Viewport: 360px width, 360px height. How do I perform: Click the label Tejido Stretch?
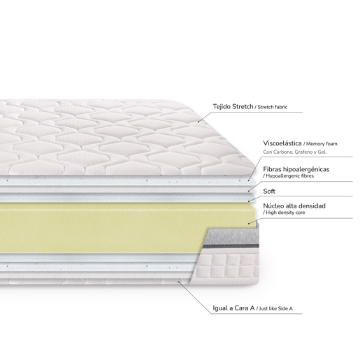pyautogui.click(x=233, y=107)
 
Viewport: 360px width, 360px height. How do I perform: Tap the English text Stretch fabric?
pyautogui.click(x=273, y=107)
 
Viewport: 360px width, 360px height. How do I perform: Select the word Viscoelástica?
pyautogui.click(x=282, y=143)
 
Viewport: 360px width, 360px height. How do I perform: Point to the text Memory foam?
pyautogui.click(x=322, y=144)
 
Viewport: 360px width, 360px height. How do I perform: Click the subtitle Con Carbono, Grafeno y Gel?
pyautogui.click(x=295, y=152)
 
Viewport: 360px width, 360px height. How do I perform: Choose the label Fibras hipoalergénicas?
pyautogui.click(x=296, y=169)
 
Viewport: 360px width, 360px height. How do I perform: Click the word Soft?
pyautogui.click(x=269, y=192)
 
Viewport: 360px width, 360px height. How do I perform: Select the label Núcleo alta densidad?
pyautogui.click(x=294, y=206)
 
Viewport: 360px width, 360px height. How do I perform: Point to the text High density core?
pyautogui.click(x=285, y=213)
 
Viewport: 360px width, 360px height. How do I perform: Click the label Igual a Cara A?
pyautogui.click(x=233, y=308)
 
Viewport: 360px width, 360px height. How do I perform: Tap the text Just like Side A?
pyautogui.click(x=275, y=308)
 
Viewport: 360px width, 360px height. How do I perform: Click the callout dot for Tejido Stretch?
pyautogui.click(x=199, y=122)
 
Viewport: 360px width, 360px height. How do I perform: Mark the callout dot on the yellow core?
pyautogui.click(x=249, y=224)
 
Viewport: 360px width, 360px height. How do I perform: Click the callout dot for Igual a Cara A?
pyautogui.click(x=179, y=282)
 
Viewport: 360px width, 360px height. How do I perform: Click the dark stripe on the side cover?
pyautogui.click(x=231, y=246)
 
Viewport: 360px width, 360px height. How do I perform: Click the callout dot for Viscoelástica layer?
pyautogui.click(x=249, y=180)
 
